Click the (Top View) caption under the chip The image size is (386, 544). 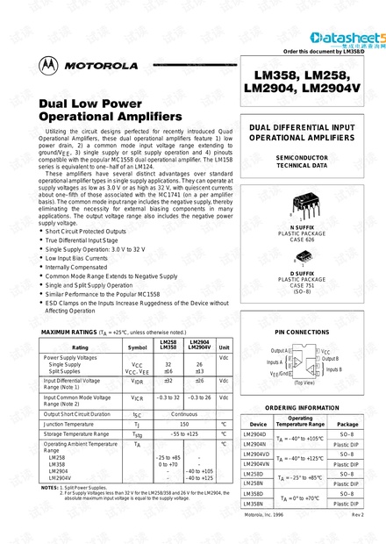(x=304, y=383)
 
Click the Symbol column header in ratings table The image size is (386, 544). (x=138, y=347)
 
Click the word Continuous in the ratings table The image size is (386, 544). (x=185, y=412)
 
